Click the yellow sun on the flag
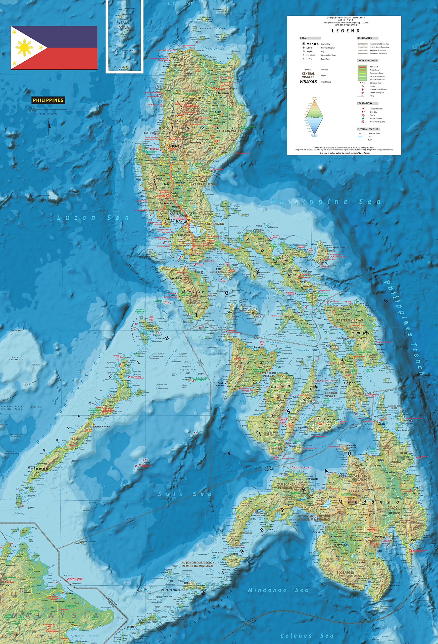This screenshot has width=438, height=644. click(x=24, y=47)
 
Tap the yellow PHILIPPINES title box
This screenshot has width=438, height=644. click(x=48, y=100)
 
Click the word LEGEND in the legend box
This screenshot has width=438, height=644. click(x=346, y=31)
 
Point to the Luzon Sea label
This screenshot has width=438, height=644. click(x=93, y=218)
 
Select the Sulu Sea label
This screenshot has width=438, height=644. click(x=184, y=494)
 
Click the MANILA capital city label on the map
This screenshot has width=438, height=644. click(x=181, y=221)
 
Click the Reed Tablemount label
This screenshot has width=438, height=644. click(x=15, y=358)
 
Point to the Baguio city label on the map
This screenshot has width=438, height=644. click(x=175, y=145)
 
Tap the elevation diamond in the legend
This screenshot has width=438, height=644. click(x=314, y=117)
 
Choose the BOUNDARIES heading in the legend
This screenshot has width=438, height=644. click(x=364, y=38)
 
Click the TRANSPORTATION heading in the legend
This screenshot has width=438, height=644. click(x=367, y=60)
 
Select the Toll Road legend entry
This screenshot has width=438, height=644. click(x=374, y=67)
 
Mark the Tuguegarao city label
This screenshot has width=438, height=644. click(x=224, y=93)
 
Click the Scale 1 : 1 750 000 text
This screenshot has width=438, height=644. click(x=48, y=114)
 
